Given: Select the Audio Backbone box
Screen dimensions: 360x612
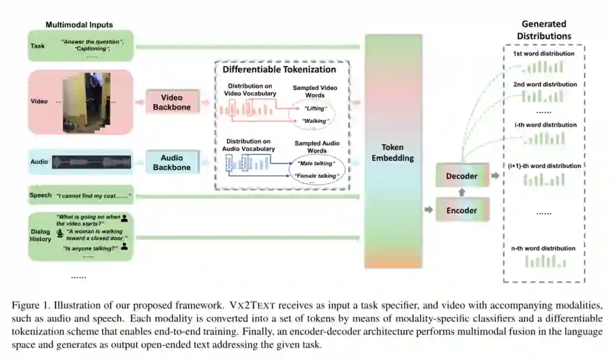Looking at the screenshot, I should (x=172, y=163).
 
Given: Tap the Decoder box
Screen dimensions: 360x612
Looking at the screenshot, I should (x=462, y=176).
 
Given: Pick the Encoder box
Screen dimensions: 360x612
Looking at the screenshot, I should (x=462, y=210).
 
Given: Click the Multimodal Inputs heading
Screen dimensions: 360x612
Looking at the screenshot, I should (x=79, y=25).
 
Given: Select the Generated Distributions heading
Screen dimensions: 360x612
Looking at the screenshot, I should (x=544, y=30).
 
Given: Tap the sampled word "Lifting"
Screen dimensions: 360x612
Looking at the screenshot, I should (x=315, y=108).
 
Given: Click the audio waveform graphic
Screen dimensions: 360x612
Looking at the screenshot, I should (x=92, y=161).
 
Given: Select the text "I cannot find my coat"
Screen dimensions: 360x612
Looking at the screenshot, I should (x=93, y=195).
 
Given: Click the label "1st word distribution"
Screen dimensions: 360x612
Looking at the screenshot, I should (x=543, y=54).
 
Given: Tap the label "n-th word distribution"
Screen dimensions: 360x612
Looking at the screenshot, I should (x=543, y=248).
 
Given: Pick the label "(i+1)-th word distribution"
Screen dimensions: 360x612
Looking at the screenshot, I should (x=543, y=166).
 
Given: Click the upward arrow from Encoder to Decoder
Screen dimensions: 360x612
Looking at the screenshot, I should (x=462, y=192).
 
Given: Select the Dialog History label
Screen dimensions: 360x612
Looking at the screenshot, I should (x=41, y=235).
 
